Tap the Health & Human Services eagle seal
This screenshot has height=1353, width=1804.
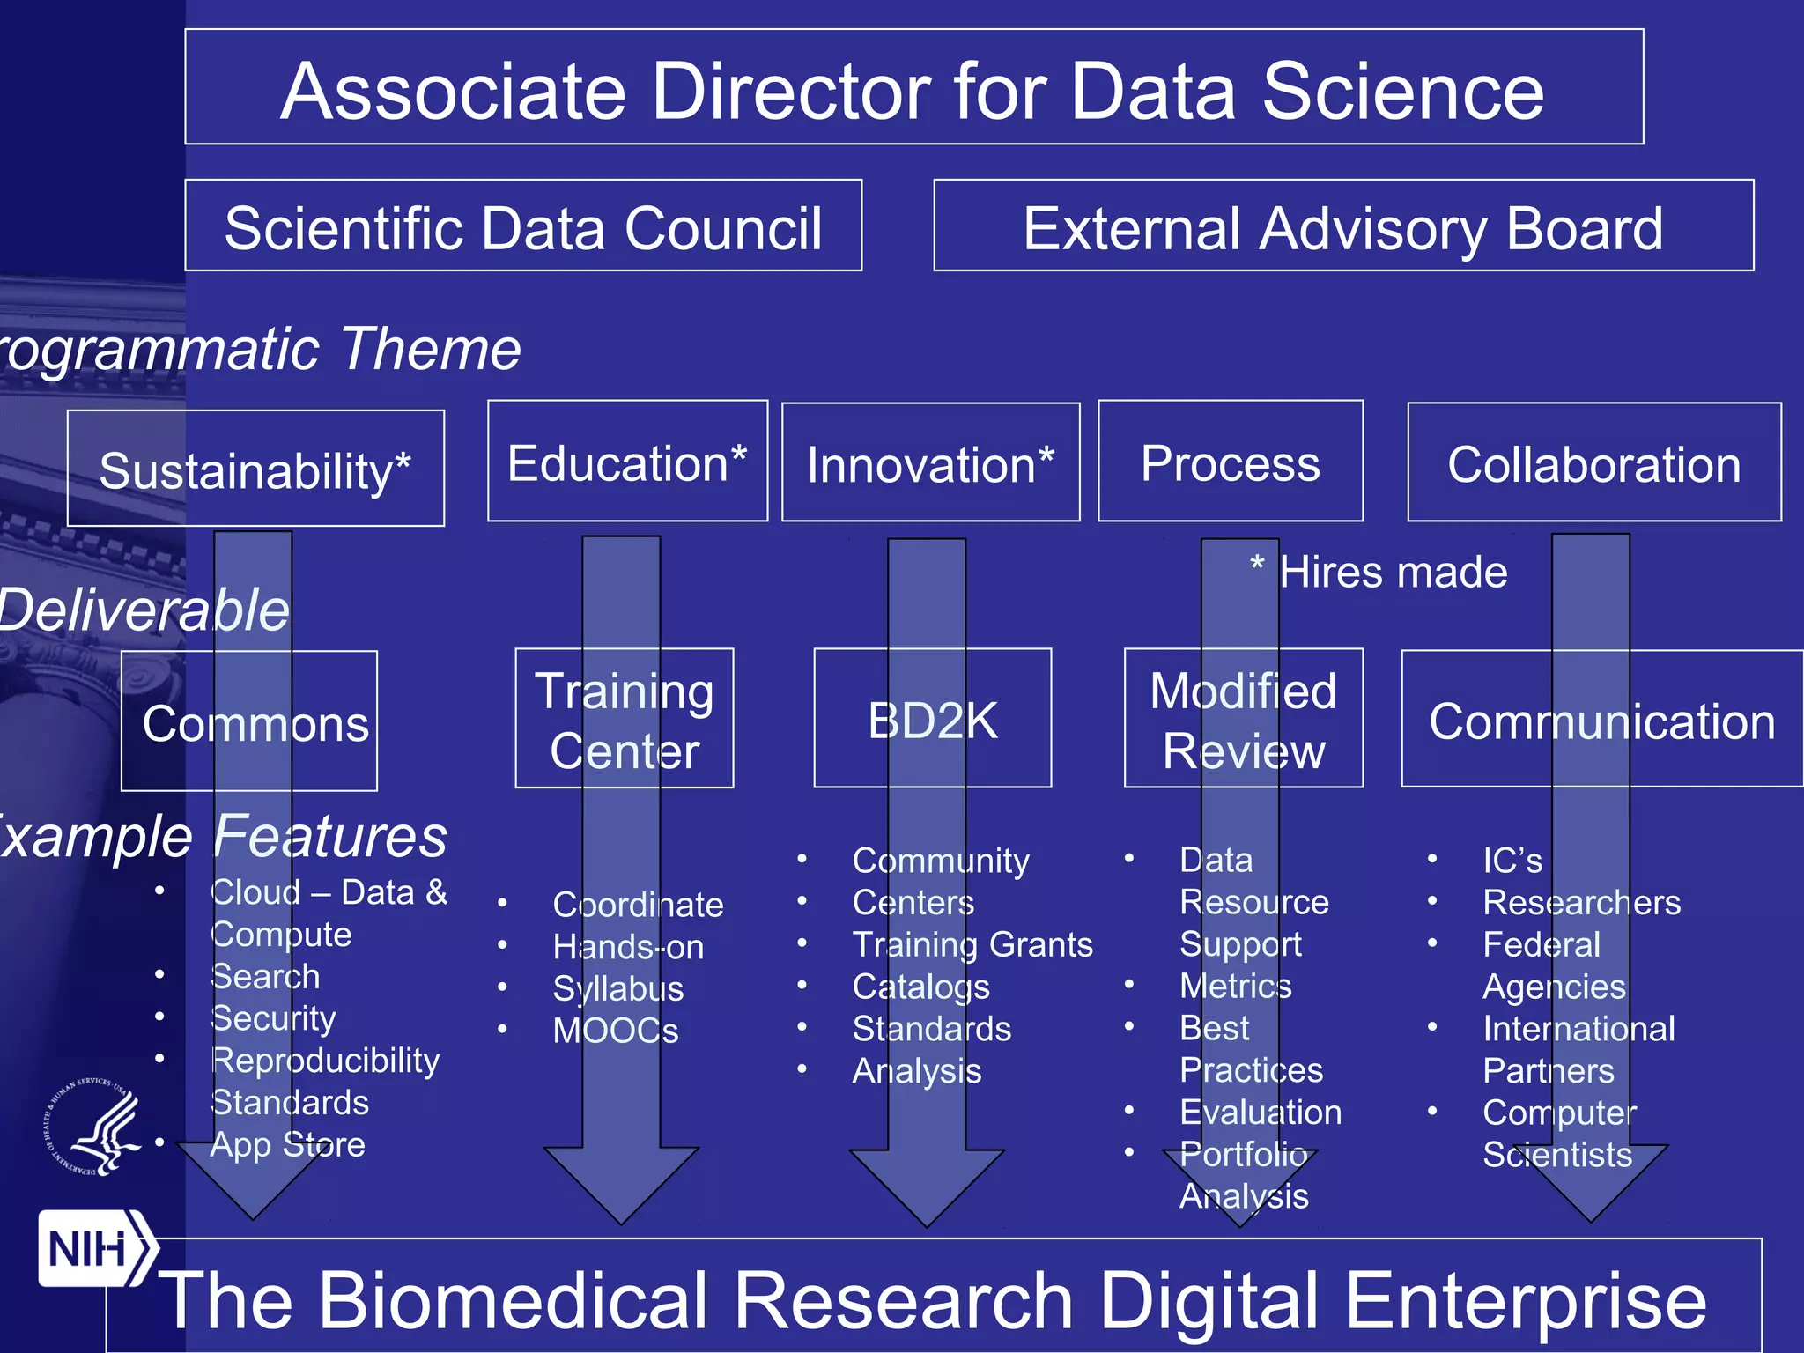[x=93, y=1126]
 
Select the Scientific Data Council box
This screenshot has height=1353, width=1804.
[x=523, y=226]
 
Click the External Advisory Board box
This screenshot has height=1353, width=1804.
[x=1342, y=226]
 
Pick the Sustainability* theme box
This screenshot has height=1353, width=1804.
[x=255, y=469]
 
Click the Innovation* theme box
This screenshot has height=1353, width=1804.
[x=930, y=463]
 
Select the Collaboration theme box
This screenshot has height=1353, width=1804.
[x=1593, y=463]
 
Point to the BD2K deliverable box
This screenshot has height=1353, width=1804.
[x=932, y=719]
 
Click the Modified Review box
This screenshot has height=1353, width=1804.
[x=1243, y=719]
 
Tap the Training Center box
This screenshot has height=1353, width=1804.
[x=625, y=719]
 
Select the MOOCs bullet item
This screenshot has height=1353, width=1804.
[x=615, y=1031]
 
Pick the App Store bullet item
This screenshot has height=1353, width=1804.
[x=287, y=1144]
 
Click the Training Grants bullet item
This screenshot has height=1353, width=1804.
[x=972, y=944]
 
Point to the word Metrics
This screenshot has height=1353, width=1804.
[x=1235, y=986]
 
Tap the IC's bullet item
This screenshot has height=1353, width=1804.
[x=1512, y=860]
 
